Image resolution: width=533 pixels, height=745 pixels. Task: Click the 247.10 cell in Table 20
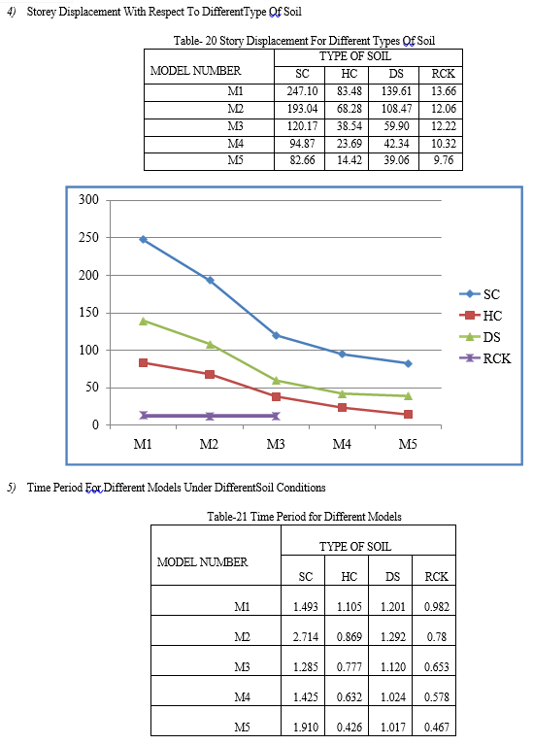(x=302, y=91)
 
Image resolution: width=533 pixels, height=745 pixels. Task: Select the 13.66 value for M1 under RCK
(x=444, y=91)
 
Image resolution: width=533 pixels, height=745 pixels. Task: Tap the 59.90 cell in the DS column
(x=396, y=126)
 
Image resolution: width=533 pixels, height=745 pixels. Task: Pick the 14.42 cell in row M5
(x=350, y=160)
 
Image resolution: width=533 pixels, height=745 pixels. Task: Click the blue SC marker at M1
(x=143, y=240)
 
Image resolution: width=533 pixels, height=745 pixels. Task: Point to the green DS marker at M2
(x=210, y=344)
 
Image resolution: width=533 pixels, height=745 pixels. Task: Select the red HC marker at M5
(x=408, y=415)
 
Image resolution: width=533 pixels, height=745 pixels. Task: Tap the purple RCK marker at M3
(x=276, y=416)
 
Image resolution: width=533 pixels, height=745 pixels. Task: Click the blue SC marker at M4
(x=342, y=354)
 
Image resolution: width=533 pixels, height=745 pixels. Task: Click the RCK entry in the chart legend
(x=485, y=358)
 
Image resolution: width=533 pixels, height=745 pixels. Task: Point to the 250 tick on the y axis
(x=89, y=237)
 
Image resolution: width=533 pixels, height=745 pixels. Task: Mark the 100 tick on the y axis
(x=89, y=350)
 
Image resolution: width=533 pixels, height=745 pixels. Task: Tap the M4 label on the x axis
(x=342, y=444)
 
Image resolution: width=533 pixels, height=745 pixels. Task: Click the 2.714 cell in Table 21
(x=306, y=636)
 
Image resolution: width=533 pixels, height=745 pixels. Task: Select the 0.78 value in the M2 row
(x=437, y=636)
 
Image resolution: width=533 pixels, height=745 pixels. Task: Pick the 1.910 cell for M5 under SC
(x=306, y=727)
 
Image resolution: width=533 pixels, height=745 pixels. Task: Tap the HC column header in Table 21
(x=350, y=576)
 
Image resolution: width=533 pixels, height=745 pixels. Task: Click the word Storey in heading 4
(x=42, y=12)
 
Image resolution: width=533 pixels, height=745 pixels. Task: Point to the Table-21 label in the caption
(x=227, y=517)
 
